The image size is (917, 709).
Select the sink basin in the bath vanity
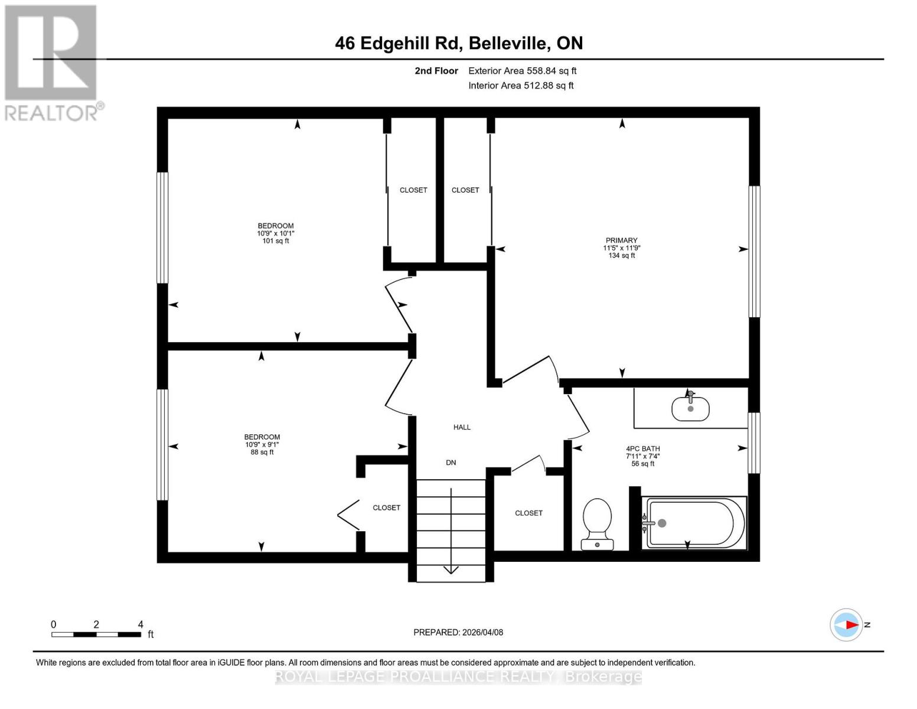tap(690, 408)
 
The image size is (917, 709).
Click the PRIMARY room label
tap(621, 240)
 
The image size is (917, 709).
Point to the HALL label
tap(462, 427)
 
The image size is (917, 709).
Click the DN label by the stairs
tap(451, 463)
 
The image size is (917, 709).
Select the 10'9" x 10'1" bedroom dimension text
tap(275, 233)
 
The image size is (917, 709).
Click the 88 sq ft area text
tap(262, 452)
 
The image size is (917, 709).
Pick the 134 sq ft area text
tap(622, 255)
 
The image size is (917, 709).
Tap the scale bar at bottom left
tap(96, 635)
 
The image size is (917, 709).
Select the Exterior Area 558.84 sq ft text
tap(522, 71)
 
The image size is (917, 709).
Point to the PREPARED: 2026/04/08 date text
tap(458, 632)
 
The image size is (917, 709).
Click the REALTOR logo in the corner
tap(52, 62)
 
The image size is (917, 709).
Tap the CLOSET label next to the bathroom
tap(528, 513)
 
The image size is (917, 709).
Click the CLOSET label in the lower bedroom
tap(386, 508)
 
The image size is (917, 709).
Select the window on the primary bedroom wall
tap(754, 252)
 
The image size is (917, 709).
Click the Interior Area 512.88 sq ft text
tap(521, 86)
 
